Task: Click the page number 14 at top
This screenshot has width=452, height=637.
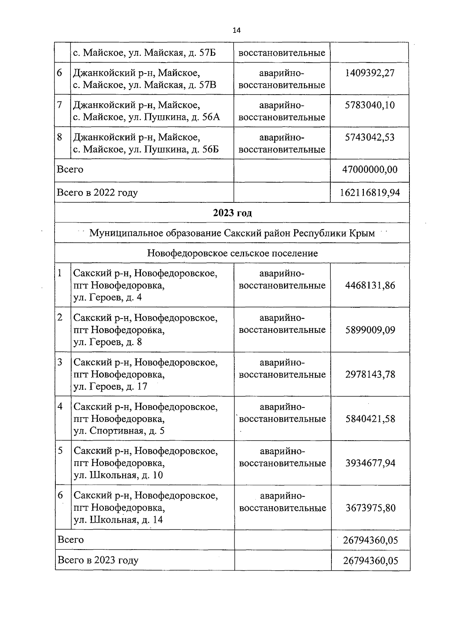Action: click(237, 31)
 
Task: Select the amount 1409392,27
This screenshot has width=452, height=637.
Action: click(370, 73)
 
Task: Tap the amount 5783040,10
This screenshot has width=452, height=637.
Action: click(370, 105)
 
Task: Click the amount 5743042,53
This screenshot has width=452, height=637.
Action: click(370, 137)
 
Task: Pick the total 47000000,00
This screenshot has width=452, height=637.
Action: click(370, 170)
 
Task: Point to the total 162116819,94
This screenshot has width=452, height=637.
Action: click(370, 193)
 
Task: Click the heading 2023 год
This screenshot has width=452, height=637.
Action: click(232, 213)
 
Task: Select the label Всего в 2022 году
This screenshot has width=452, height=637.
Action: click(97, 193)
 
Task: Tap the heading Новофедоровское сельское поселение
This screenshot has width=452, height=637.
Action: click(232, 253)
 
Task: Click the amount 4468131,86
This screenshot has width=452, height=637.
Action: click(370, 285)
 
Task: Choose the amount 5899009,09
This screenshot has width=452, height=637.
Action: click(370, 330)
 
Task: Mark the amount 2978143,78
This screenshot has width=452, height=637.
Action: click(370, 375)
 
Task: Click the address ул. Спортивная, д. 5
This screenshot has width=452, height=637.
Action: click(119, 431)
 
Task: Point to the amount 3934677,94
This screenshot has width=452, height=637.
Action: click(370, 463)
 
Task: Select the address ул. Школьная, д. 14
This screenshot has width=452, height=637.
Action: click(118, 520)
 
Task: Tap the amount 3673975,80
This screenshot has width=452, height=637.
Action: click(370, 508)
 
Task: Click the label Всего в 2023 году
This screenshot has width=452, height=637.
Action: click(98, 560)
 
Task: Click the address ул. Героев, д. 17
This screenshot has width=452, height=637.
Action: click(110, 387)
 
